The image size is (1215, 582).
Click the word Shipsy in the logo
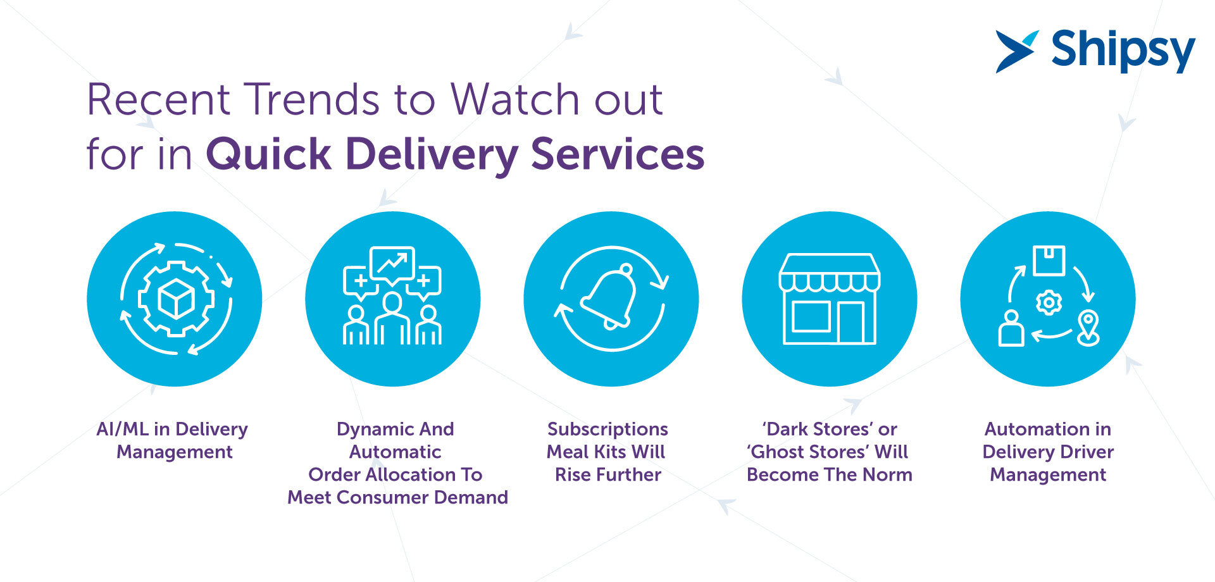click(1123, 51)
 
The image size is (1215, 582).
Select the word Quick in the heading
click(269, 154)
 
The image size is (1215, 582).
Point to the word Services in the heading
click(618, 154)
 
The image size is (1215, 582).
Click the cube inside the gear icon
click(176, 299)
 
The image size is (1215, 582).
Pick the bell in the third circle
click(608, 295)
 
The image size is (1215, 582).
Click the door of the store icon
click(851, 323)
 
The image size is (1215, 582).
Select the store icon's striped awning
click(829, 273)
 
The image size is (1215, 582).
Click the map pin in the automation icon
click(1088, 328)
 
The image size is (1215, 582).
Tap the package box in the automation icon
click(1049, 261)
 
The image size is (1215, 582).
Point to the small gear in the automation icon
click(1049, 302)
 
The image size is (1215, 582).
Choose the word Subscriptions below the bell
click(607, 430)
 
